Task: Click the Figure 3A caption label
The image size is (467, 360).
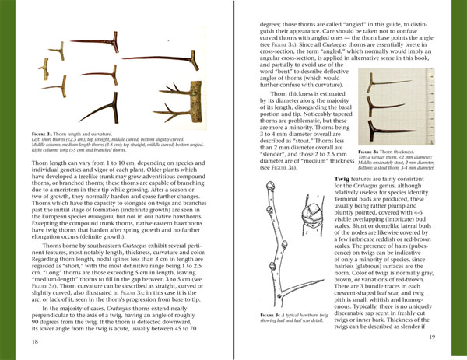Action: click(x=44, y=133)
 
